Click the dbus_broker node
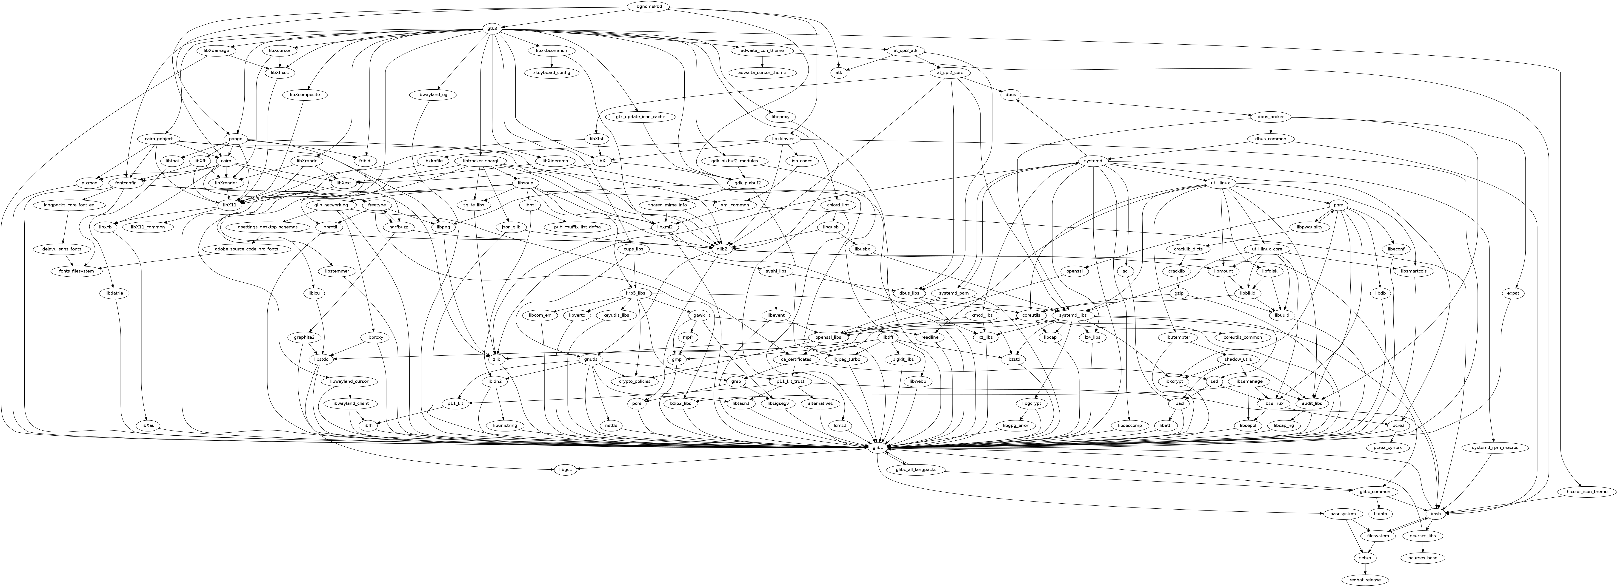pyautogui.click(x=1271, y=117)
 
